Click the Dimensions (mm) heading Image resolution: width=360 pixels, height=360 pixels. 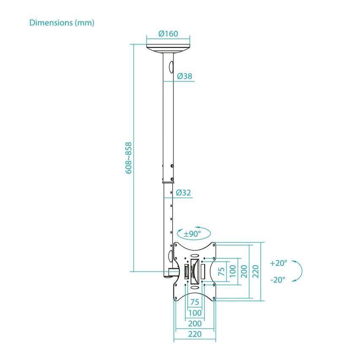click(62, 23)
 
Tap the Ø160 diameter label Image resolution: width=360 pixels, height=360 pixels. click(168, 34)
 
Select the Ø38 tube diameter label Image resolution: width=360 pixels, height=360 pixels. click(185, 76)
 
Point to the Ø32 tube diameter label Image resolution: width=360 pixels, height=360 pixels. click(184, 193)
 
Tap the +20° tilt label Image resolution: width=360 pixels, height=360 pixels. click(279, 263)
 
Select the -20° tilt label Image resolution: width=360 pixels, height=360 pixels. click(278, 279)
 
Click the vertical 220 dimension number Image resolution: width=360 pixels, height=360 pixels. click(256, 271)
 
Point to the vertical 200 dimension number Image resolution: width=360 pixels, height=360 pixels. click(244, 271)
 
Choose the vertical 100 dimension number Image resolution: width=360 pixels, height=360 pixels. click(233, 271)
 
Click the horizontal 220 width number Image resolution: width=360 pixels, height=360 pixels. click(194, 334)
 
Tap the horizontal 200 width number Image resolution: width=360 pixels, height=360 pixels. click(194, 323)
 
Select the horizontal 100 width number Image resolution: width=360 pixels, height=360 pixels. click(194, 313)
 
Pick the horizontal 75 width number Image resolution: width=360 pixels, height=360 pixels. click(194, 302)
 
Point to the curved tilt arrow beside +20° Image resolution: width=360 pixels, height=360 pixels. click(298, 271)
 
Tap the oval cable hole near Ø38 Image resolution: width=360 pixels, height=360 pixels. click(171, 67)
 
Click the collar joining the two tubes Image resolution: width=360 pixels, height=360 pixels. click(168, 182)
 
